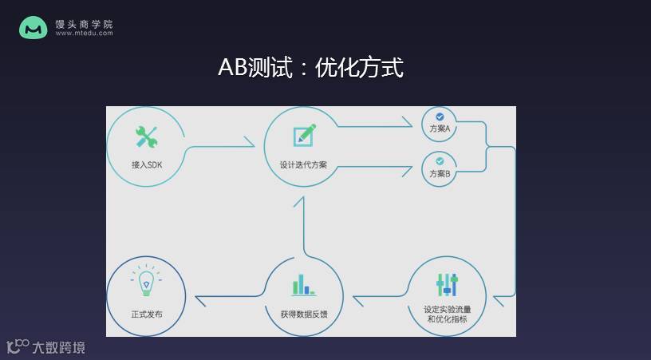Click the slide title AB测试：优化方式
tap(310, 67)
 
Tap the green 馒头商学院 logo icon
tap(34, 28)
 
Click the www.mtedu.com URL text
tap(84, 34)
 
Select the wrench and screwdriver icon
tap(146, 137)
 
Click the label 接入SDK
tap(146, 164)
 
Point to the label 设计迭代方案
tap(303, 164)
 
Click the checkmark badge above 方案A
tap(440, 117)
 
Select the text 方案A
tap(440, 129)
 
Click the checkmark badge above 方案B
tap(440, 161)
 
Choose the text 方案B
tap(440, 174)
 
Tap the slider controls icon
tap(447, 285)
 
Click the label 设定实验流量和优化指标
tap(447, 314)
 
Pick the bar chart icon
tap(303, 285)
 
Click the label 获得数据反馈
tap(303, 314)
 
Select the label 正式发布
tap(146, 314)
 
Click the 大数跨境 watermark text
tap(57, 347)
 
